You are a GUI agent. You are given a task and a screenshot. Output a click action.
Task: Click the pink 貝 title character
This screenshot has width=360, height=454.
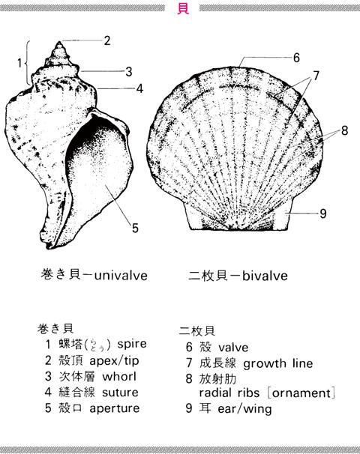[183, 7]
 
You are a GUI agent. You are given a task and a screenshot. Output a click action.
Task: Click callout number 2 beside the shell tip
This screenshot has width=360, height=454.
[107, 40]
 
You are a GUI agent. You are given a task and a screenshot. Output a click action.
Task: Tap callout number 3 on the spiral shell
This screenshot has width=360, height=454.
[129, 71]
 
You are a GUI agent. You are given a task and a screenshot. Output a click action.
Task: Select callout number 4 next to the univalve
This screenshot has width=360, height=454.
[139, 88]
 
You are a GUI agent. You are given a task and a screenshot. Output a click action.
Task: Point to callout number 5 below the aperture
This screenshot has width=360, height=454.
[135, 228]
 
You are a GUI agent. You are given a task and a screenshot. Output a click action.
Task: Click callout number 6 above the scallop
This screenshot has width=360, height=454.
[296, 58]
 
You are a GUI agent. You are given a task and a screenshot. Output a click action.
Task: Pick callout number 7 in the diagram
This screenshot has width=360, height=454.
[316, 76]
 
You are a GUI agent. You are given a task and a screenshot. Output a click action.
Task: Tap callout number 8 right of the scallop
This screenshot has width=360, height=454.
[344, 130]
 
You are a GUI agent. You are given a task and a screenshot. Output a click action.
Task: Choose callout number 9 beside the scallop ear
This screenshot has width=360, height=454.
[323, 214]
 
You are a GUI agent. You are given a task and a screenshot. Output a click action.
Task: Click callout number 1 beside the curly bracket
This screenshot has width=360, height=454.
[19, 63]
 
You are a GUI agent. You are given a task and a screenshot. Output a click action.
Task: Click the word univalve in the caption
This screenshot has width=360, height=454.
[121, 276]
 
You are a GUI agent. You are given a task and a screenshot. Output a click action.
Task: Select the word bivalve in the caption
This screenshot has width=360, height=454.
[265, 276]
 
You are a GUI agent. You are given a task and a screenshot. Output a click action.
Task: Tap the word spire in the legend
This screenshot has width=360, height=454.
[132, 345]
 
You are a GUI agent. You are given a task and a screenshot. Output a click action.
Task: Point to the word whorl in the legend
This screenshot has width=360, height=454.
[119, 376]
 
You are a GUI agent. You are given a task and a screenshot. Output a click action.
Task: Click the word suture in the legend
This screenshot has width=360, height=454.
[120, 393]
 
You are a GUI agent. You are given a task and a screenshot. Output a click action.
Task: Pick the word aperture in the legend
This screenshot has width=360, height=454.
[115, 409]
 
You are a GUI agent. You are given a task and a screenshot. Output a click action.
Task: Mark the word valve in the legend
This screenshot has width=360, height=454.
[233, 348]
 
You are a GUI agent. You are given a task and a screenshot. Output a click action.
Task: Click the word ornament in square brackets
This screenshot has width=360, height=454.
[301, 393]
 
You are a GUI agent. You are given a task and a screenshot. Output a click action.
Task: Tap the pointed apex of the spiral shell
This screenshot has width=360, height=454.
[59, 42]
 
